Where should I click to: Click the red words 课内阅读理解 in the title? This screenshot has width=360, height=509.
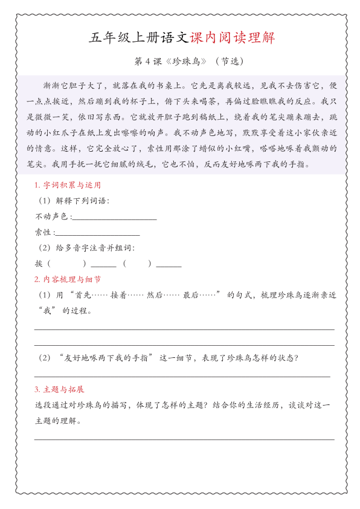pyautogui.click(x=232, y=37)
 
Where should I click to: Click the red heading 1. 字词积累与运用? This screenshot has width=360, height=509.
pyautogui.click(x=68, y=185)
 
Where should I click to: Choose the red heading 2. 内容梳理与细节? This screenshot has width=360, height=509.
pyautogui.click(x=68, y=279)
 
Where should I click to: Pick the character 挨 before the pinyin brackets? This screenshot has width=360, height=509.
pyautogui.click(x=39, y=264)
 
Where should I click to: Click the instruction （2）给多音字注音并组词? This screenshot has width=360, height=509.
pyautogui.click(x=86, y=248)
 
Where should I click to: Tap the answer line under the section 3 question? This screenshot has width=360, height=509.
pyautogui.click(x=184, y=439)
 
